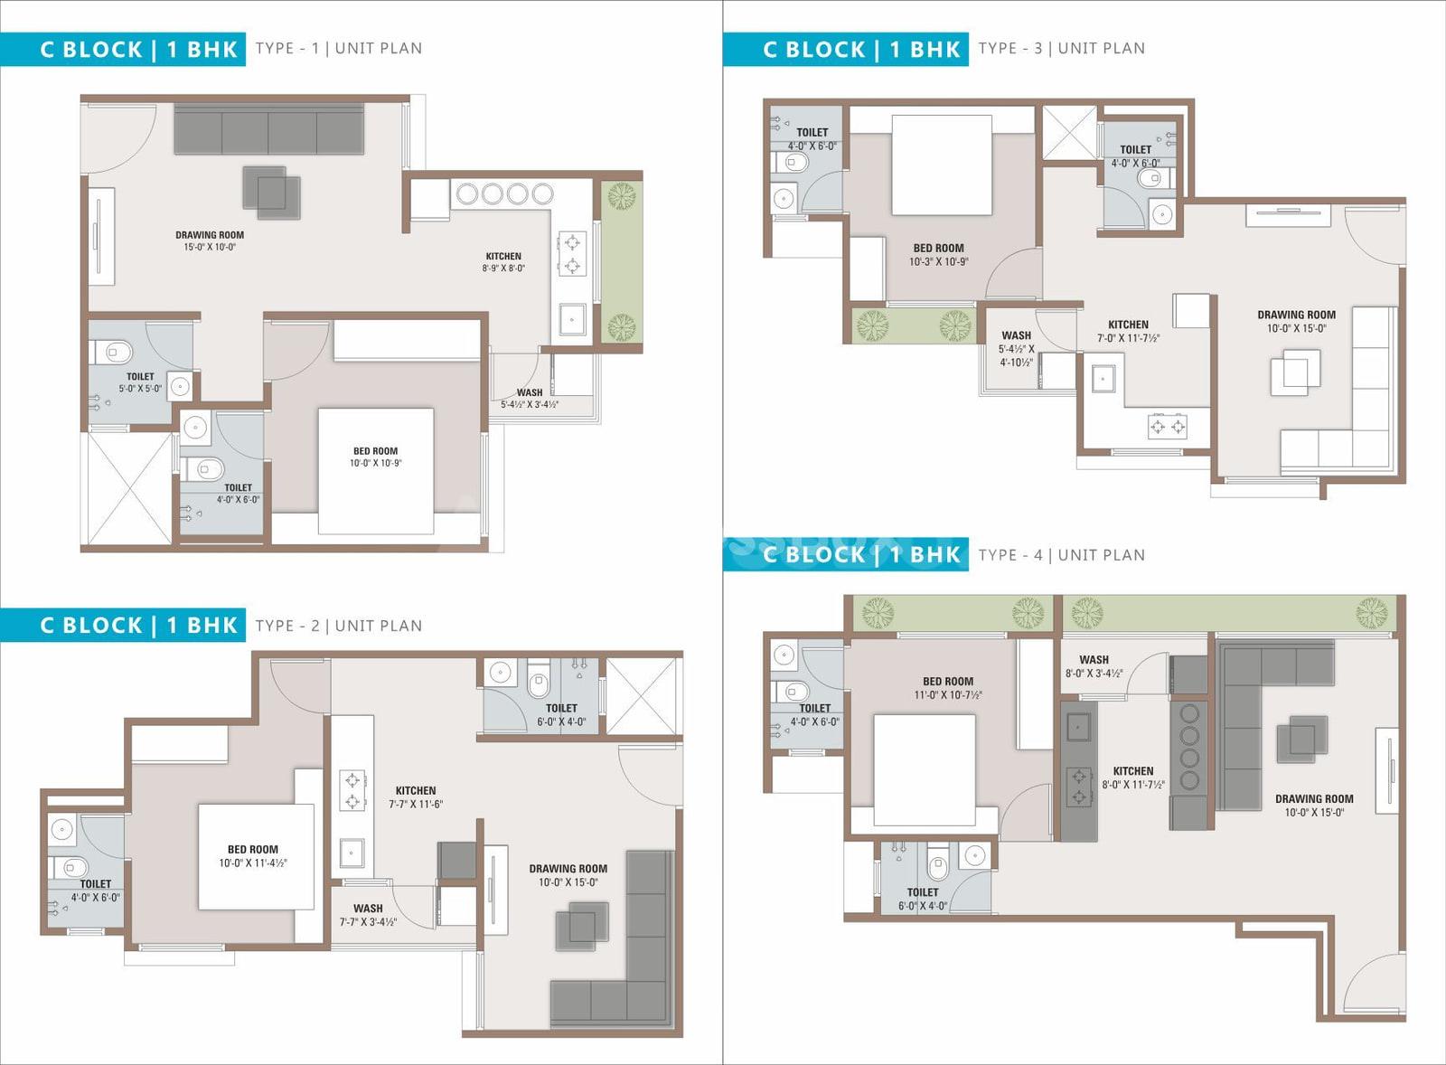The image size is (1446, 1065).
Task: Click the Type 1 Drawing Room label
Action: (210, 240)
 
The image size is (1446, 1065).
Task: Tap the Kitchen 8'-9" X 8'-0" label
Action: (503, 261)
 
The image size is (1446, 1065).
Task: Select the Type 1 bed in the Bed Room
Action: (376, 471)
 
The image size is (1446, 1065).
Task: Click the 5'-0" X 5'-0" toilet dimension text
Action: (140, 388)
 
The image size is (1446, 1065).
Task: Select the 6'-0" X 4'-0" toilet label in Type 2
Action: (561, 715)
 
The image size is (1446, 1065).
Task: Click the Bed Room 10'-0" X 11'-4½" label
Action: (253, 856)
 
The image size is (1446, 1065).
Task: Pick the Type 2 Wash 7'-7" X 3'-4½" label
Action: (368, 915)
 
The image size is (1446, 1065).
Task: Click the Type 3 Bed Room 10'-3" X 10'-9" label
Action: (939, 254)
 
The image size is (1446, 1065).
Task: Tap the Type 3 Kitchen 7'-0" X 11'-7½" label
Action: (1129, 331)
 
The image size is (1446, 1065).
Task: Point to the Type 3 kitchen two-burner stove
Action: (1168, 426)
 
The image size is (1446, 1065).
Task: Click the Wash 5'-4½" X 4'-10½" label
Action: (1016, 349)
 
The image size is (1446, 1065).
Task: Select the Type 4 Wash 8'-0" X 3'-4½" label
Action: (1094, 666)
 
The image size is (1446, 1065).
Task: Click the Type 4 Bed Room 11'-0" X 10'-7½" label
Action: (948, 688)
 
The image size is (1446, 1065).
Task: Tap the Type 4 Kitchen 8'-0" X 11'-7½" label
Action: (1133, 778)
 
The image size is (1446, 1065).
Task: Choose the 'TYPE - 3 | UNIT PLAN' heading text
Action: (1062, 49)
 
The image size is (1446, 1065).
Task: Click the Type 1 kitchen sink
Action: (572, 318)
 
